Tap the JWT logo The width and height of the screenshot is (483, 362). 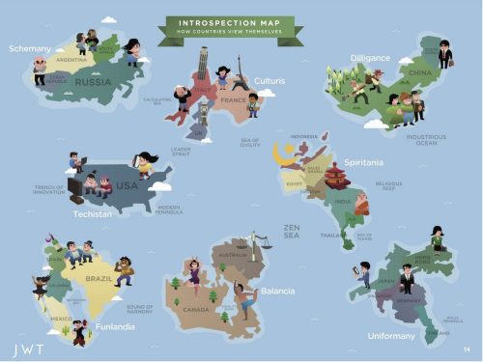click(29, 345)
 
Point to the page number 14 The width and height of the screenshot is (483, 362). click(466, 348)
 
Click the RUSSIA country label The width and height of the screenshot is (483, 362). click(94, 81)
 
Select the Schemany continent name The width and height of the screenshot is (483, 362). click(29, 47)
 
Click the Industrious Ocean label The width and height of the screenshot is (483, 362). click(426, 139)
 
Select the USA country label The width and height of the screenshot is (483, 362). click(128, 184)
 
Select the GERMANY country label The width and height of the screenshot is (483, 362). click(406, 300)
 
